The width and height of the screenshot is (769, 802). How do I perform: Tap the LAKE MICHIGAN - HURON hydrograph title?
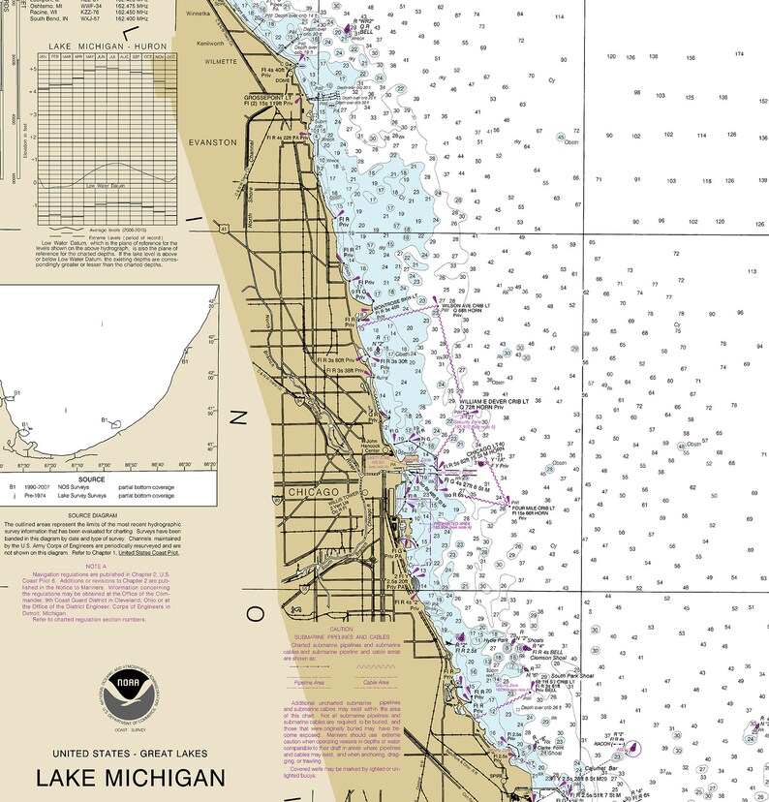(x=107, y=46)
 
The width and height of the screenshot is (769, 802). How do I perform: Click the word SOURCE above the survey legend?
(x=92, y=478)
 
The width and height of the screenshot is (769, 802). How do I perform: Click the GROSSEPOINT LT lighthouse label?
(x=267, y=97)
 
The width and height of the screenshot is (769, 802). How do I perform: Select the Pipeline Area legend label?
(x=311, y=681)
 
